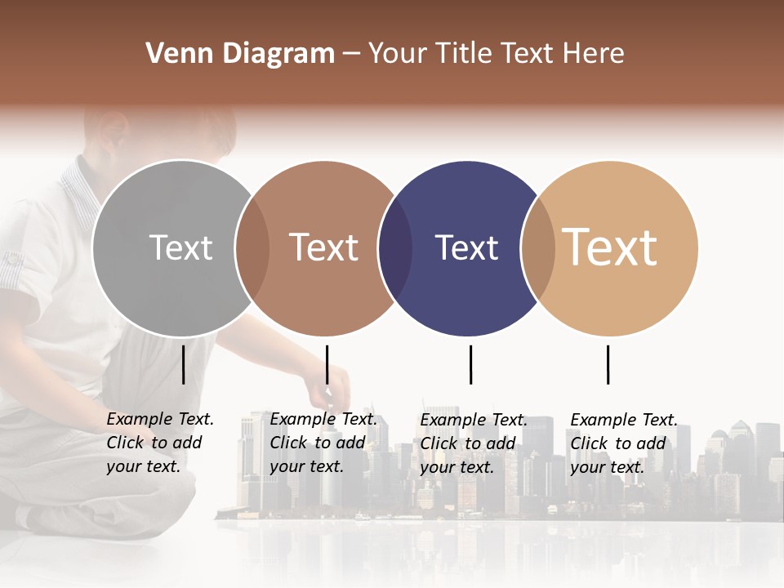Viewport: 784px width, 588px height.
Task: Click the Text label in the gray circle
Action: [180, 247]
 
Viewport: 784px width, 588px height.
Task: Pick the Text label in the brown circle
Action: [323, 247]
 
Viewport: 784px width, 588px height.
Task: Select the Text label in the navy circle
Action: [466, 247]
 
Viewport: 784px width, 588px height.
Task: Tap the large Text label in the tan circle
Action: [610, 247]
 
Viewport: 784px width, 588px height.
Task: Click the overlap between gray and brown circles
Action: [252, 248]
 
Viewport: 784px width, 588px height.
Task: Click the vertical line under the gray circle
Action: [184, 364]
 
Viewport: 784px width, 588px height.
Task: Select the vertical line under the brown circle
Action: [327, 364]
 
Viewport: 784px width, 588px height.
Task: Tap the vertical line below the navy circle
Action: [470, 364]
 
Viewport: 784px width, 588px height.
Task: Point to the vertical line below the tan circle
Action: [608, 364]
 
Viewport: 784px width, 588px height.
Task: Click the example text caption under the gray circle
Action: [160, 443]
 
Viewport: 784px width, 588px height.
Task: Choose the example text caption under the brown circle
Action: [323, 443]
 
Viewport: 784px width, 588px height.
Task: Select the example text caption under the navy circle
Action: [474, 443]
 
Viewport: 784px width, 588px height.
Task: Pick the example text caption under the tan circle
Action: [624, 443]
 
